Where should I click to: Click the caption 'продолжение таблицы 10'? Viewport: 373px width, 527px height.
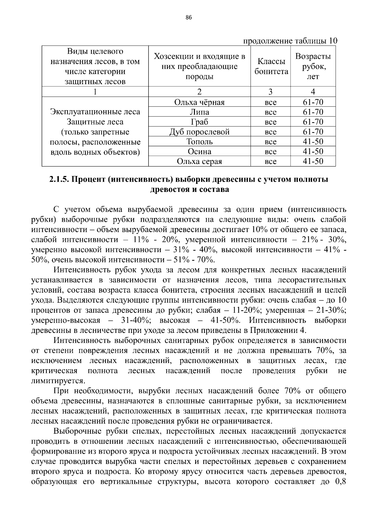[290, 41]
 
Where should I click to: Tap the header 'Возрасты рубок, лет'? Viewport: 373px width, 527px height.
[313, 66]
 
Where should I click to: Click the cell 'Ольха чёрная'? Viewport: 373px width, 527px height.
[199, 102]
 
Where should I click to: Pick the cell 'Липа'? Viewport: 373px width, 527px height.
[199, 112]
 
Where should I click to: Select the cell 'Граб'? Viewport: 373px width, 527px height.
[199, 122]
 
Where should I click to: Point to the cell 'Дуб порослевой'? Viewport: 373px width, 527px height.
[199, 132]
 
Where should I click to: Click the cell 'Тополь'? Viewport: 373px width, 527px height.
[199, 142]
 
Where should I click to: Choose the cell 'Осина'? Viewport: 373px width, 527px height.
[199, 152]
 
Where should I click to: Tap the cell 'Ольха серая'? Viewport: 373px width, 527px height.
[199, 161]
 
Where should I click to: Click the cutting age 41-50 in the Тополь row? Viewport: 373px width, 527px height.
[313, 142]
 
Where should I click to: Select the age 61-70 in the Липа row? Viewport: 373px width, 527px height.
[313, 112]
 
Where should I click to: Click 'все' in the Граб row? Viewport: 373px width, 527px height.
[270, 122]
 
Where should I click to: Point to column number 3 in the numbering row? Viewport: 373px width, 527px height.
[270, 92]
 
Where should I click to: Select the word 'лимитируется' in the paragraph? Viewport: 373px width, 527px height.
[58, 381]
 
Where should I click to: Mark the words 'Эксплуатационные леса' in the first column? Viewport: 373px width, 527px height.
[95, 112]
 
